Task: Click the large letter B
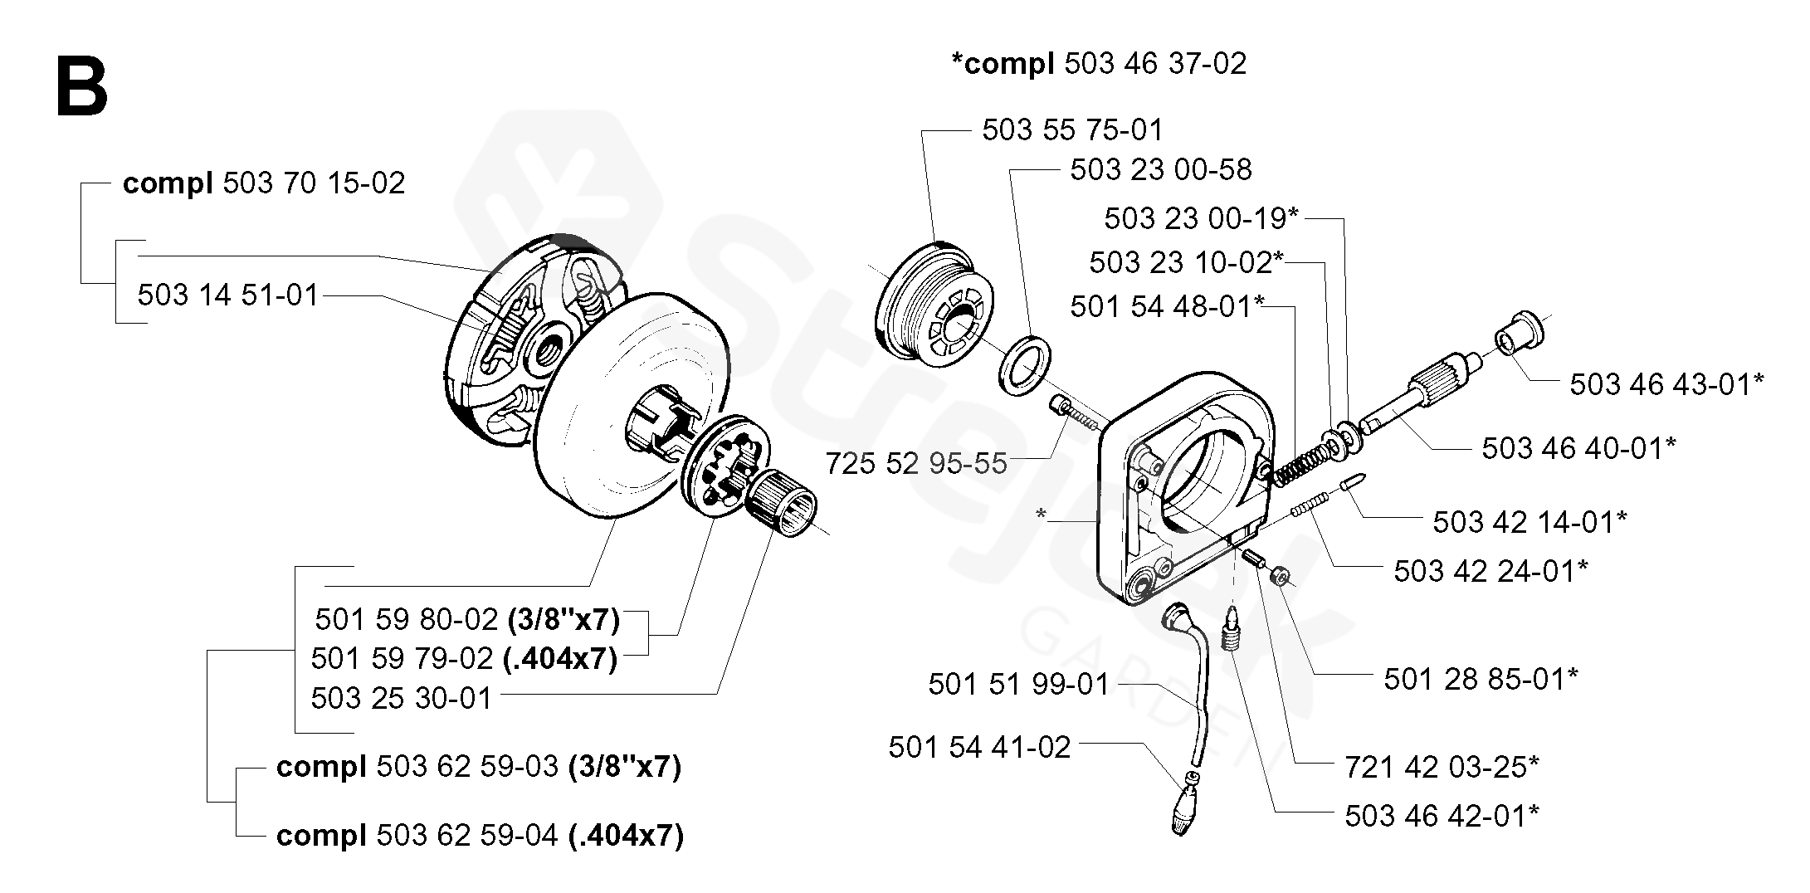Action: (81, 88)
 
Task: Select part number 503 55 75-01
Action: (1072, 130)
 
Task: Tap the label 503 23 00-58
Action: (1160, 170)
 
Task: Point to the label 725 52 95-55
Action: (915, 463)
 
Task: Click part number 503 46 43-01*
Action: (1666, 384)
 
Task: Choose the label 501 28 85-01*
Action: (1481, 679)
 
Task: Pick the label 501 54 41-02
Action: (979, 747)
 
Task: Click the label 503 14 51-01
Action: (228, 295)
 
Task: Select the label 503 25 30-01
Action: (402, 698)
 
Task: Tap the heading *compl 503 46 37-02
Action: (1099, 64)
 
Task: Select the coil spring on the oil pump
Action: (1300, 465)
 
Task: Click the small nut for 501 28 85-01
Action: (1280, 575)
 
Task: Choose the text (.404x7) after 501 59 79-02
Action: (560, 659)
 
